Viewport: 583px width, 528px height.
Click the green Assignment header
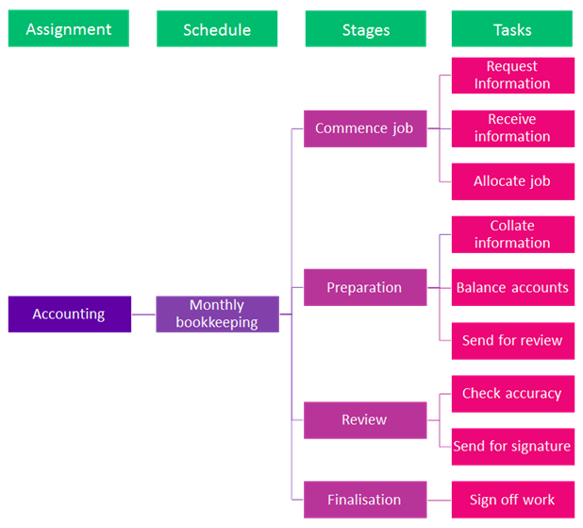69,29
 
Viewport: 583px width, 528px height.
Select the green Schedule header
217,29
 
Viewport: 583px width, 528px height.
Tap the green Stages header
365,29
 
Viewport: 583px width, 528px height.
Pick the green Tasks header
512,29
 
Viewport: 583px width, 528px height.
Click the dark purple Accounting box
69,314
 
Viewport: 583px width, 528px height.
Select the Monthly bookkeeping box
217,314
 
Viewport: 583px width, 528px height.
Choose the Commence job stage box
365,128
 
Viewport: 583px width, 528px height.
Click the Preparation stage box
365,287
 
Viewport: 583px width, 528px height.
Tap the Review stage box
365,419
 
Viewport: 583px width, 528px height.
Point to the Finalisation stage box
365,500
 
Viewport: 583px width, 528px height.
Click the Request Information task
512,76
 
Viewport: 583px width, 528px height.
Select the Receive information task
512,128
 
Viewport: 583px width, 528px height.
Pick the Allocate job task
512,181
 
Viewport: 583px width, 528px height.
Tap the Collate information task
512,234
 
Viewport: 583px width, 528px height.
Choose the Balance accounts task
512,287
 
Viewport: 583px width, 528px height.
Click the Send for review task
512,340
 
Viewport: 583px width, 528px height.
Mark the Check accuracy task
512,393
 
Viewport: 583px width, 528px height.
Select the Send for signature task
512,446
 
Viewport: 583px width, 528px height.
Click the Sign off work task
512,500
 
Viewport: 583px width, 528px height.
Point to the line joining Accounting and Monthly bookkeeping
143,314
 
